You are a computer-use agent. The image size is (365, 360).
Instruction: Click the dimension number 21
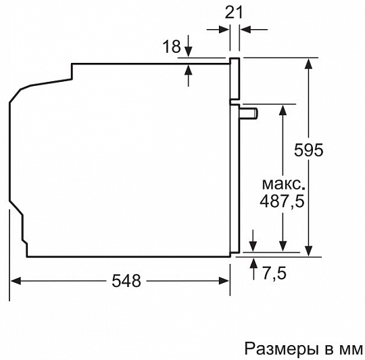click(x=234, y=12)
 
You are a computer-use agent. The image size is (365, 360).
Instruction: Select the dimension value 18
click(x=172, y=47)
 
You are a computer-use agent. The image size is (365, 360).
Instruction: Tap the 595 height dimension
click(x=309, y=150)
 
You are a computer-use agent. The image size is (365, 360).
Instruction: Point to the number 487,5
click(x=282, y=201)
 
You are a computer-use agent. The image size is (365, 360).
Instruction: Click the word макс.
click(x=283, y=184)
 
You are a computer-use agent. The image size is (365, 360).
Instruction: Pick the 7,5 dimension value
click(x=274, y=273)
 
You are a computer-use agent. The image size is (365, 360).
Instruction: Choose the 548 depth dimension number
click(x=126, y=281)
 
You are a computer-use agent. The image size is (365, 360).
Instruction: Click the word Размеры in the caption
click(x=281, y=348)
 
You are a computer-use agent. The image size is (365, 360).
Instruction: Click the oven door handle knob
click(x=249, y=114)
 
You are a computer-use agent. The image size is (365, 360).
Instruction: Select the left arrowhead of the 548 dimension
click(x=16, y=281)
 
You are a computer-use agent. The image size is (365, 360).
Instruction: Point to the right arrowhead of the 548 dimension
click(x=224, y=281)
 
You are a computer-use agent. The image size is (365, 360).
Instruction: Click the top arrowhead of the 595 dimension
click(x=309, y=64)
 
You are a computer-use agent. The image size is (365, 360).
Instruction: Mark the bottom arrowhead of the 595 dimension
click(x=309, y=251)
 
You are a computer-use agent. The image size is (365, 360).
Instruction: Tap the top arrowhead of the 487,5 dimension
click(x=283, y=110)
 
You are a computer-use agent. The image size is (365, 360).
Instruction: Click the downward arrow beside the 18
click(x=189, y=46)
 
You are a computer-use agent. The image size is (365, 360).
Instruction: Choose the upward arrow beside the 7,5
click(x=253, y=269)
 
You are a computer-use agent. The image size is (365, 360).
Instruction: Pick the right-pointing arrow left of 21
click(x=218, y=30)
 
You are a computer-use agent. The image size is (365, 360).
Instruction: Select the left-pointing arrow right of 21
click(x=254, y=30)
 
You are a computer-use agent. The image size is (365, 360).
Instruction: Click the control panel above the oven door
click(x=235, y=78)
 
